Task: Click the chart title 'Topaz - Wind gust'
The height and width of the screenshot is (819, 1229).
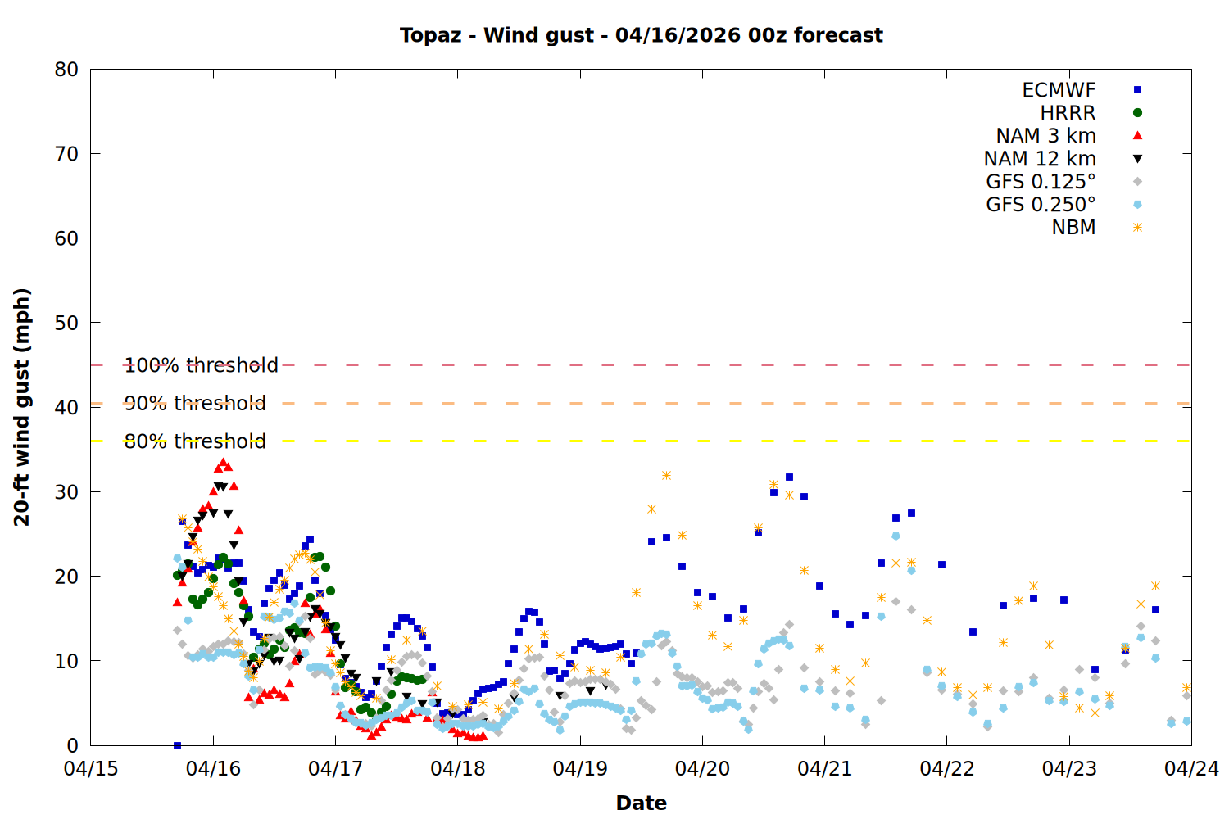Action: click(x=641, y=35)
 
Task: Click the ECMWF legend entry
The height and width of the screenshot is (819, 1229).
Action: click(x=1059, y=90)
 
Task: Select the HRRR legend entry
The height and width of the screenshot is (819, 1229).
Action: click(x=1068, y=113)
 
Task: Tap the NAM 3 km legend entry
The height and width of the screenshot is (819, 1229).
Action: click(x=1045, y=136)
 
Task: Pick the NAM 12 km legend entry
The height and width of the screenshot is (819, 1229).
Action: click(x=1040, y=159)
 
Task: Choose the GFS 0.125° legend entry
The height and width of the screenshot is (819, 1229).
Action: click(x=1041, y=182)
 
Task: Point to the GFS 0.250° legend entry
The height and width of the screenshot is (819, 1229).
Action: click(x=1041, y=205)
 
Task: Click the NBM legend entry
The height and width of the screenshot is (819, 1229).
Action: click(x=1073, y=228)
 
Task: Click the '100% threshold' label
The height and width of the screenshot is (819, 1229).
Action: click(x=202, y=365)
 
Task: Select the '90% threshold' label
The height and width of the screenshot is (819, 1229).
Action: click(x=195, y=403)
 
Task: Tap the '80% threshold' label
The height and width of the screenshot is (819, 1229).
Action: click(x=195, y=441)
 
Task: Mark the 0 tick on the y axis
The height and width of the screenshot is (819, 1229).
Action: click(x=73, y=745)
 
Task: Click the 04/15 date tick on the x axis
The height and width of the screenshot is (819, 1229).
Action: click(x=91, y=769)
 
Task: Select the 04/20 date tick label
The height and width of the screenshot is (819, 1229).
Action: click(x=702, y=769)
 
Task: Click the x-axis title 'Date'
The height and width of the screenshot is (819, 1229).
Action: click(x=641, y=803)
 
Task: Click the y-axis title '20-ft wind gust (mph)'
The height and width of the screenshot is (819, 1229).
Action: click(x=22, y=407)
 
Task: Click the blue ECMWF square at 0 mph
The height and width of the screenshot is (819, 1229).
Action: click(x=177, y=745)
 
